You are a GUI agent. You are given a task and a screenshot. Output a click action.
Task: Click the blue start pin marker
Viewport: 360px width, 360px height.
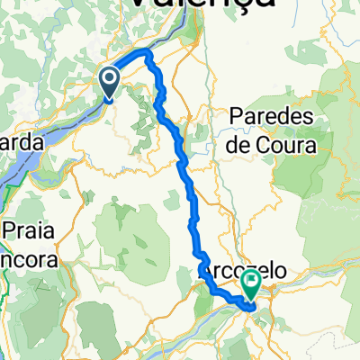point(109,85)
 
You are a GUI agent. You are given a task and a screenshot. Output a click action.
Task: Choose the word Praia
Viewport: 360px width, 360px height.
point(27,232)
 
